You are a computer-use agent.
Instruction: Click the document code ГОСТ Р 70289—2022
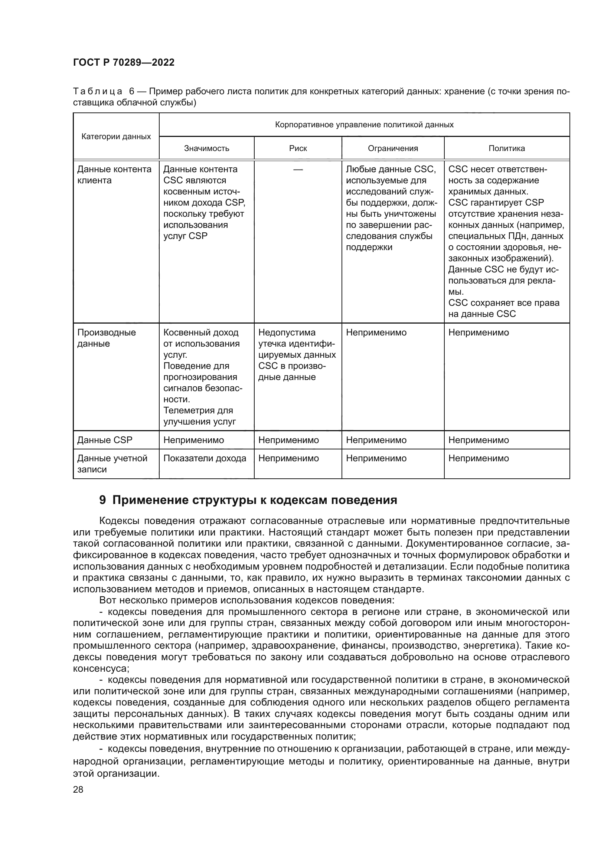pyautogui.click(x=124, y=63)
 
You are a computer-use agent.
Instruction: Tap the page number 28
pyautogui.click(x=78, y=789)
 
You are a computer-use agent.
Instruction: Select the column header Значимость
pyautogui.click(x=206, y=148)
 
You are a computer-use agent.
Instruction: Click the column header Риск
pyautogui.click(x=298, y=148)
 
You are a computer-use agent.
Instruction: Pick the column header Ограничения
pyautogui.click(x=393, y=148)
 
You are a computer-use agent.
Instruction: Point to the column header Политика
pyautogui.click(x=507, y=148)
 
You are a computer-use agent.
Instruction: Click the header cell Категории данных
pyautogui.click(x=116, y=137)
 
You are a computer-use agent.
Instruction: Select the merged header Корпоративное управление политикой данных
pyautogui.click(x=364, y=125)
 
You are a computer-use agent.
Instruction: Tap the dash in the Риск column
pyautogui.click(x=298, y=170)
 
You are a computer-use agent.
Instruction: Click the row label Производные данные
pyautogui.click(x=106, y=338)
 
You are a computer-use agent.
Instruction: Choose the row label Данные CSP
pyautogui.click(x=105, y=440)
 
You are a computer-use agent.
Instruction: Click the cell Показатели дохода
pyautogui.click(x=205, y=458)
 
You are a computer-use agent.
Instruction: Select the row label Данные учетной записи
pyautogui.click(x=112, y=464)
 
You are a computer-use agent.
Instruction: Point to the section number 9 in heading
pyautogui.click(x=102, y=500)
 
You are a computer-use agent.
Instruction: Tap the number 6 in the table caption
pyautogui.click(x=132, y=92)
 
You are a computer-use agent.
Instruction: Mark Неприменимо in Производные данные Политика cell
pyautogui.click(x=479, y=333)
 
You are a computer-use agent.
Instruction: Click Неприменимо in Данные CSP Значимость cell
pyautogui.click(x=193, y=440)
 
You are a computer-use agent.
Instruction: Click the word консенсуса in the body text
pyautogui.click(x=101, y=668)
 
